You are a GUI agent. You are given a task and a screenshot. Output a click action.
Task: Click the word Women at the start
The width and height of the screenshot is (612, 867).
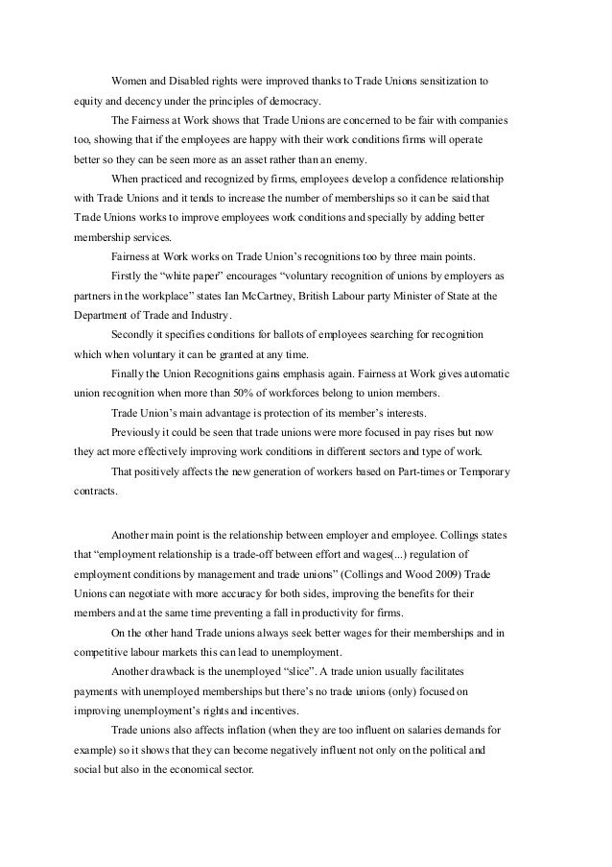129,80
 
